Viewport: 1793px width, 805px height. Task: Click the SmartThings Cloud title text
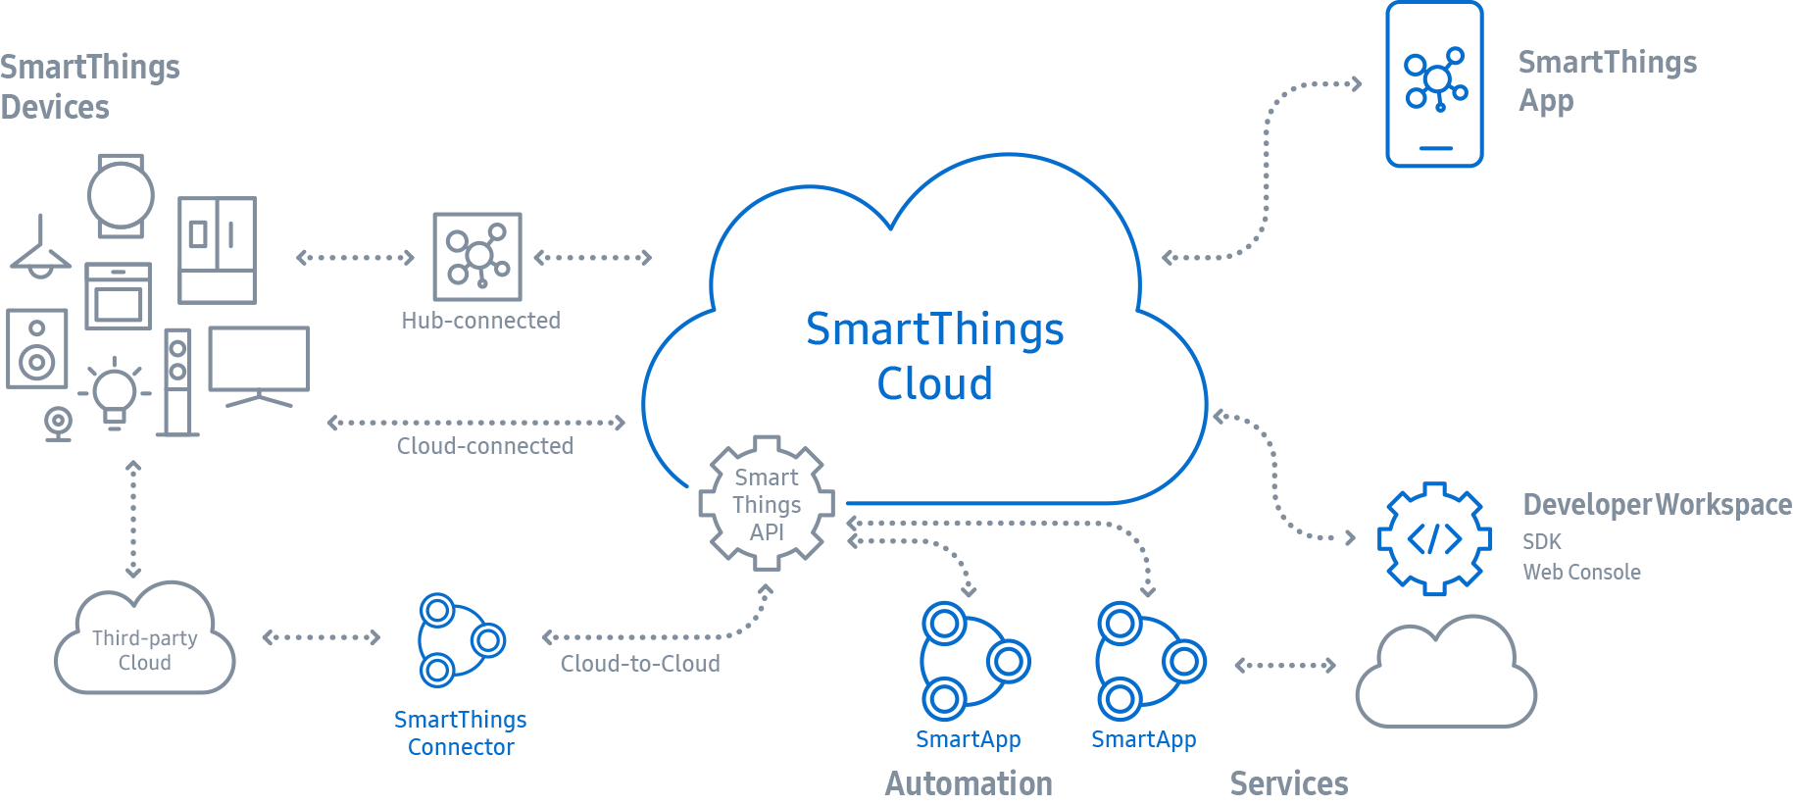click(x=934, y=355)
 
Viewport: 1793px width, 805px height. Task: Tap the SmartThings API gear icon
click(x=767, y=504)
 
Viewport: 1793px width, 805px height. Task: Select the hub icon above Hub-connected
click(x=477, y=257)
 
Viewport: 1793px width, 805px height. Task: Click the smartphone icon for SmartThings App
click(x=1434, y=85)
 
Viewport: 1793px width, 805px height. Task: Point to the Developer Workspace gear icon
click(x=1434, y=538)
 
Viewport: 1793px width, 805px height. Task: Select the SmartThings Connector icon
click(x=460, y=640)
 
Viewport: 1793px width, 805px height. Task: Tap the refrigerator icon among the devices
click(x=217, y=250)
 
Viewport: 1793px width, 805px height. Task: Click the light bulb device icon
click(x=115, y=394)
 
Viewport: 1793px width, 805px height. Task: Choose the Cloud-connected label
click(x=484, y=446)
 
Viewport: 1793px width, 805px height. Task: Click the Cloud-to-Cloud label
click(x=640, y=664)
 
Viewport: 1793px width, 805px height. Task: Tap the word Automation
click(x=968, y=783)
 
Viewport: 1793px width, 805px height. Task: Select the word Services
click(x=1288, y=783)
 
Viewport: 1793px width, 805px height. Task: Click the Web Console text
click(x=1581, y=572)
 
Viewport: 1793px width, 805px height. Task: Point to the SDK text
click(x=1541, y=541)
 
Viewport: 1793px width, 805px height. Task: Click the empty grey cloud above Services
click(x=1445, y=677)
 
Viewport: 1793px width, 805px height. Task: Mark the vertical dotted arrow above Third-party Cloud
click(x=133, y=519)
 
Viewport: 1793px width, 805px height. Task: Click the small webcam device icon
click(x=58, y=424)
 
